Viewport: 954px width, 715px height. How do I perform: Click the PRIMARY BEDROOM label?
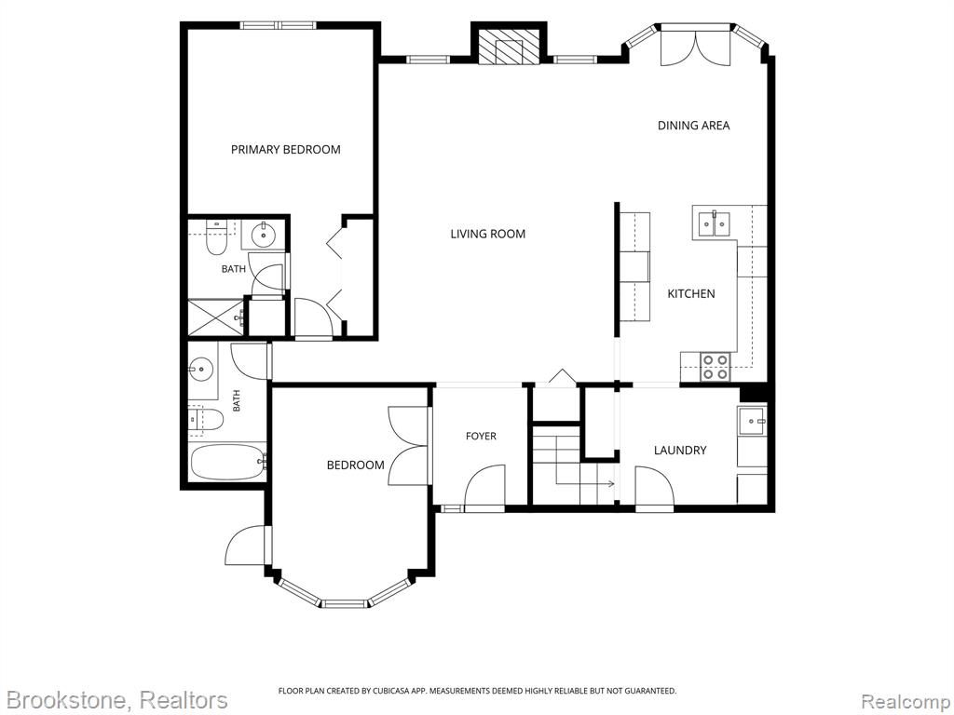tap(285, 150)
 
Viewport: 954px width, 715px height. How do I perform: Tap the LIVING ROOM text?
tap(488, 234)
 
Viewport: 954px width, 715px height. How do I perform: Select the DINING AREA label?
tap(693, 126)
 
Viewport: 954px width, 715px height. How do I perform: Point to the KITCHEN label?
tap(691, 293)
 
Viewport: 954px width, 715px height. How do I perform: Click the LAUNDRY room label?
tap(680, 451)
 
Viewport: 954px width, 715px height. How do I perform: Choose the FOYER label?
tap(481, 436)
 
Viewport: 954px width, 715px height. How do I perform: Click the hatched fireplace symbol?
tap(509, 47)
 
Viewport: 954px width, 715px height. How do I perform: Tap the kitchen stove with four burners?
tap(715, 367)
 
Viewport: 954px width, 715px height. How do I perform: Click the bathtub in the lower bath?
tap(228, 462)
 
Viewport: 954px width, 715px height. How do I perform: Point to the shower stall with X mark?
tap(215, 317)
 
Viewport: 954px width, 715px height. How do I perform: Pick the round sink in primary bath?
tap(264, 234)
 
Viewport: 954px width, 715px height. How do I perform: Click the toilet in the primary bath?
tap(216, 238)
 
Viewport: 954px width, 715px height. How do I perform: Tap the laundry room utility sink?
tap(752, 420)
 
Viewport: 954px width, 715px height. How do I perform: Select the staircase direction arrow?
tap(585, 484)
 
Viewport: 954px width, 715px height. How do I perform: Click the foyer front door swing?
tap(484, 486)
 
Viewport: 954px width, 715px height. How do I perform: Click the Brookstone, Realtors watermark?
tap(115, 700)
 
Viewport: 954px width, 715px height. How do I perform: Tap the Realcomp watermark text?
tap(906, 702)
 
